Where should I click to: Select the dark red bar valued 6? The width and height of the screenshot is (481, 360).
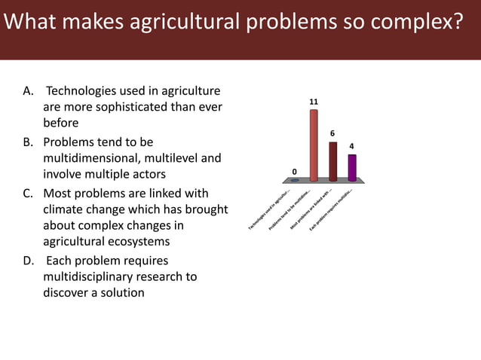(332, 161)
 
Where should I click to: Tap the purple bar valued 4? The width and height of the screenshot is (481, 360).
(351, 167)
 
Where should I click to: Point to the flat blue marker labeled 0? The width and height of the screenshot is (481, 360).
(295, 181)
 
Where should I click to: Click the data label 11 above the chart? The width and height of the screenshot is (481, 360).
(314, 101)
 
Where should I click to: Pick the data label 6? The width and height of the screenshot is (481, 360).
(332, 133)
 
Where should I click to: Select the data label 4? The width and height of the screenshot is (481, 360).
(351, 146)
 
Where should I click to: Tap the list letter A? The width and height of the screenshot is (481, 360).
(28, 91)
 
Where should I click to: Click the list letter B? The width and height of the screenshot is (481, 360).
(28, 142)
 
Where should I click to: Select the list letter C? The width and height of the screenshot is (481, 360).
(28, 193)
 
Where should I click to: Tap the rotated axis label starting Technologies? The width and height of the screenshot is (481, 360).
(270, 212)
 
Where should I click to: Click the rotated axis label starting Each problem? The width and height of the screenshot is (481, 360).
(332, 210)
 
